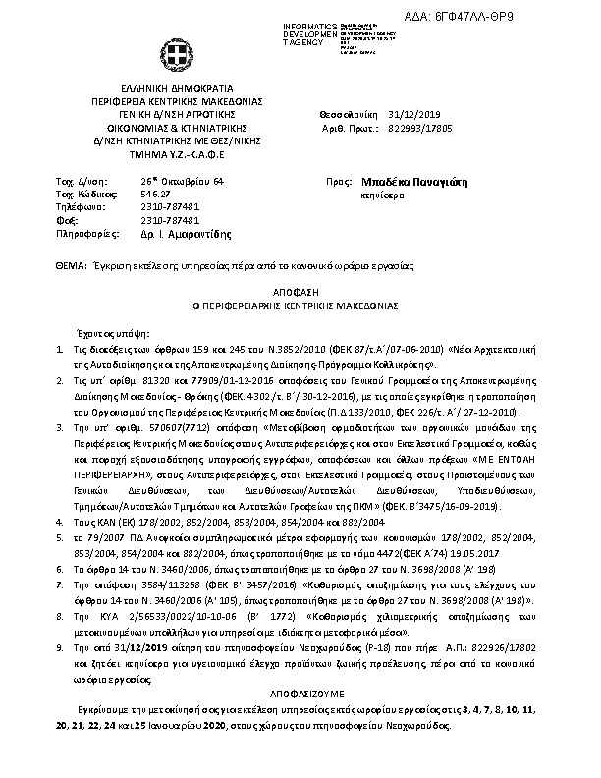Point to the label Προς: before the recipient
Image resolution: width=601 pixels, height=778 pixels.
tap(337, 183)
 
